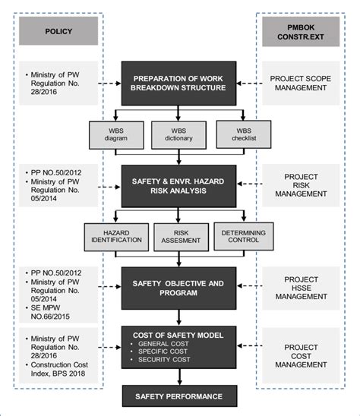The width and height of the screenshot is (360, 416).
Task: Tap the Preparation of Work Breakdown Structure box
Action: (179, 83)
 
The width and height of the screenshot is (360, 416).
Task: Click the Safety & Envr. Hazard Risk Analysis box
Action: (179, 188)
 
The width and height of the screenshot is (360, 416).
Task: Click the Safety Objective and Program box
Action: (179, 288)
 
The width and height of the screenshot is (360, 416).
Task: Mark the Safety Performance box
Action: (179, 396)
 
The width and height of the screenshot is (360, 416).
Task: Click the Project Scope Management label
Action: (300, 84)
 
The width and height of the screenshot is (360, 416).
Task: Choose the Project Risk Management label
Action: (300, 187)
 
